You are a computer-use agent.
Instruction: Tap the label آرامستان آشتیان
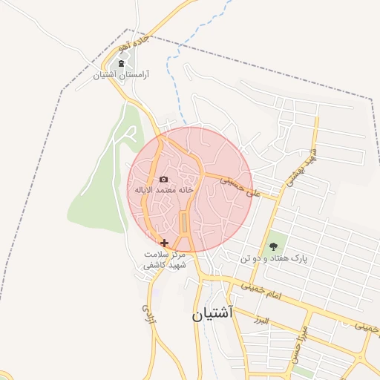point(122,76)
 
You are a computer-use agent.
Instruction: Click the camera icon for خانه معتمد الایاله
point(164,179)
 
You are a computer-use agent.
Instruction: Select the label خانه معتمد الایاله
point(164,190)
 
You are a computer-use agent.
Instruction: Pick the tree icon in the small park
point(272,246)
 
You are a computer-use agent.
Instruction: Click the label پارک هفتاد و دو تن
point(272,258)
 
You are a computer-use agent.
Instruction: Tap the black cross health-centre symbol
point(164,242)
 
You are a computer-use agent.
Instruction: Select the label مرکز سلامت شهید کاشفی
point(164,260)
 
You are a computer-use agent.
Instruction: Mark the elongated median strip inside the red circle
point(183,222)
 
